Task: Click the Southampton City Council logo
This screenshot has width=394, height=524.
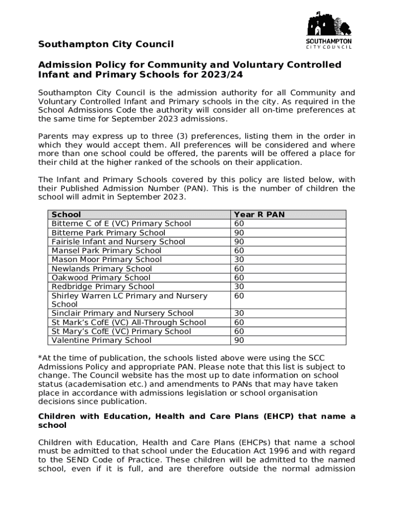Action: pyautogui.click(x=329, y=30)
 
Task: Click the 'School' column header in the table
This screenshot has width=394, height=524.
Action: pyautogui.click(x=66, y=214)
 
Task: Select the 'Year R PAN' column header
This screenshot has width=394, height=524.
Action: pyautogui.click(x=259, y=214)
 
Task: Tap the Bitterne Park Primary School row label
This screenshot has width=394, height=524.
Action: pyautogui.click(x=108, y=233)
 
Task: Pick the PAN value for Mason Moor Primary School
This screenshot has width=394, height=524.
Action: pyautogui.click(x=239, y=259)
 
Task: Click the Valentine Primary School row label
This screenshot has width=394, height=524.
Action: pyautogui.click(x=101, y=340)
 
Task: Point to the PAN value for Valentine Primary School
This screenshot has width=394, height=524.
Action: pyautogui.click(x=239, y=340)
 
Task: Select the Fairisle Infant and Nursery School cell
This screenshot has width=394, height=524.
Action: pyautogui.click(x=118, y=242)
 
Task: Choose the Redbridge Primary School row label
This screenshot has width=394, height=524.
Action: pyautogui.click(x=103, y=287)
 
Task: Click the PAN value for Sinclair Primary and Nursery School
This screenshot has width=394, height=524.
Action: pyautogui.click(x=239, y=313)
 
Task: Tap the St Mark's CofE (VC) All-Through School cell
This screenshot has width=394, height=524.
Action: pyautogui.click(x=128, y=322)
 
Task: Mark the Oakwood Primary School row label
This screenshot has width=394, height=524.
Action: pyautogui.click(x=101, y=278)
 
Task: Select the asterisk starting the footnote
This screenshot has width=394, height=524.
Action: pyautogui.click(x=40, y=357)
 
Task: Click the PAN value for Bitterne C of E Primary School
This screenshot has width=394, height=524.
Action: pyautogui.click(x=239, y=224)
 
